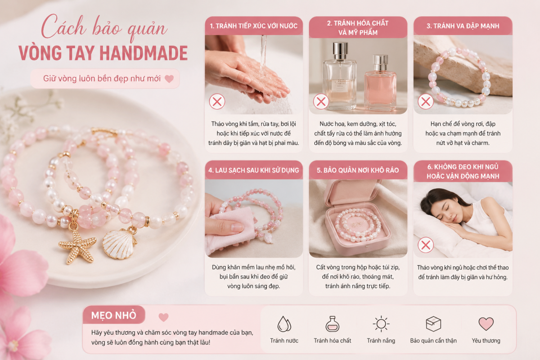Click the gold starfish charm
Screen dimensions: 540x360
tap(77, 247)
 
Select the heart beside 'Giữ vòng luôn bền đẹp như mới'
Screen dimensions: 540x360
tap(169, 79)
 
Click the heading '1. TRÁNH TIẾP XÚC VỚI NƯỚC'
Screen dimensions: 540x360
tap(254, 26)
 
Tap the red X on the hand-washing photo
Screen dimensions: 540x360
tap(217, 102)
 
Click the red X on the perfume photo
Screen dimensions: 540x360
tap(321, 102)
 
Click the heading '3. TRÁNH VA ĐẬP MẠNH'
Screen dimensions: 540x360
tap(463, 26)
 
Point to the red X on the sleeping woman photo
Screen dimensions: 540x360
tap(426, 245)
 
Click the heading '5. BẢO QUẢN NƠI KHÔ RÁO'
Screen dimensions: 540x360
tap(358, 171)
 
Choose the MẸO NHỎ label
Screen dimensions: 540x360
tap(114, 315)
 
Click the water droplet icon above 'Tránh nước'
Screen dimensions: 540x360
tap(284, 324)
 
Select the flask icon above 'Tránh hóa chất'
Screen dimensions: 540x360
tap(333, 324)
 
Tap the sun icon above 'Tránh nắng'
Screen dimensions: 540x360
tap(381, 324)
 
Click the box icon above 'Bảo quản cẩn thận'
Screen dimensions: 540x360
tap(433, 324)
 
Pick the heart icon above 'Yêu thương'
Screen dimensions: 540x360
tap(486, 324)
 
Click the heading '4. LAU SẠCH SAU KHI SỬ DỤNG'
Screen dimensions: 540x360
tap(254, 171)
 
